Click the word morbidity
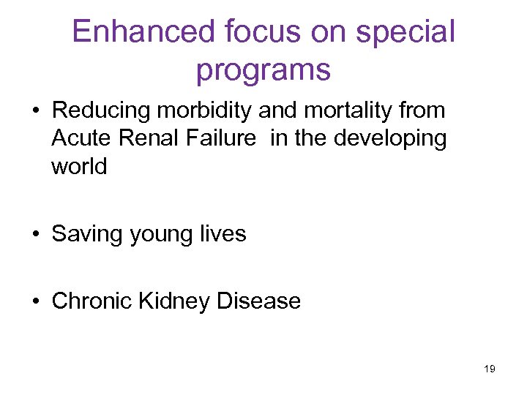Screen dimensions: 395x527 [209, 110]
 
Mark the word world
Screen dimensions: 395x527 [79, 166]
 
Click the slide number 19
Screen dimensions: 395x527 [490, 369]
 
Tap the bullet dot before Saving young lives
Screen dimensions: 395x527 [36, 235]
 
